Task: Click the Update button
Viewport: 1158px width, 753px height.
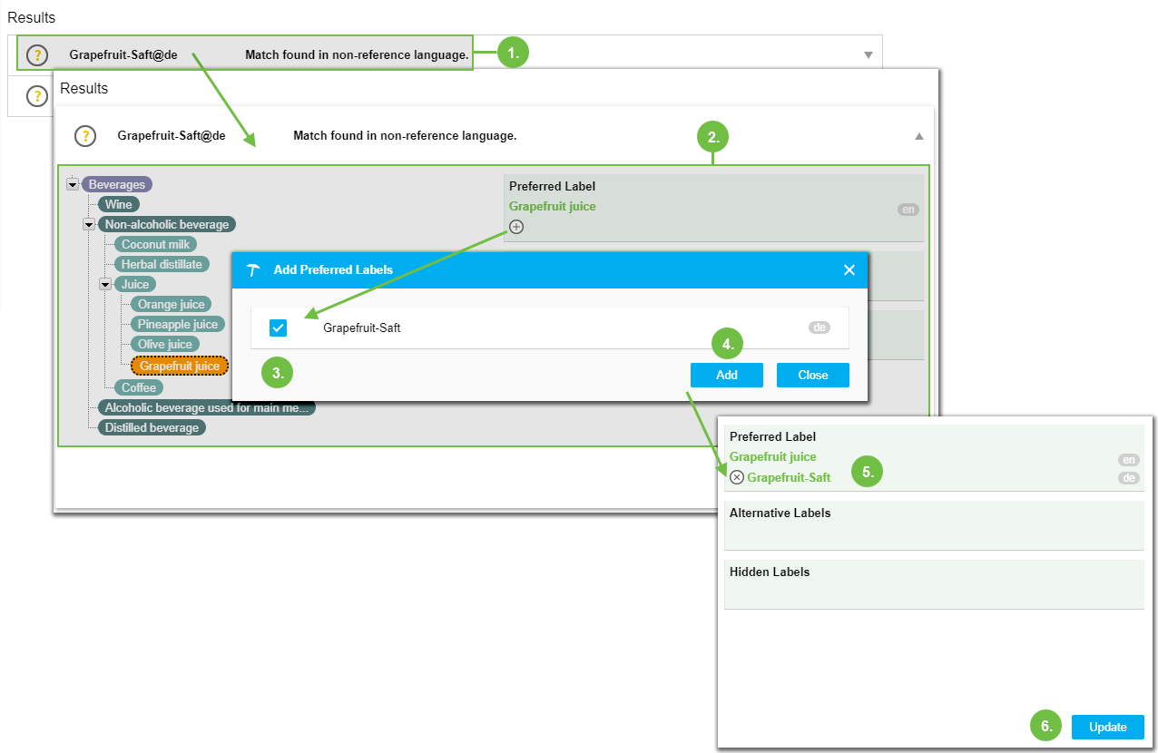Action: coord(1107,727)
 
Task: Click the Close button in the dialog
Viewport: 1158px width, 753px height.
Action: coord(812,375)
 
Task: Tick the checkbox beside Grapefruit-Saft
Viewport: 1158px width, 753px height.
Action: coord(279,328)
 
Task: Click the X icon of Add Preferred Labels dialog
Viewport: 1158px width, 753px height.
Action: coord(849,269)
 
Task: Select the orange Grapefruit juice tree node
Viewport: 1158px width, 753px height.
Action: coord(180,366)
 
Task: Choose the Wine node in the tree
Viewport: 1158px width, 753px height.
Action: coord(118,204)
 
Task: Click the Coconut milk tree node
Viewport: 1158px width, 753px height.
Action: coord(155,244)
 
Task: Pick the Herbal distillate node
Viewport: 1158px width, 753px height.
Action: coord(162,264)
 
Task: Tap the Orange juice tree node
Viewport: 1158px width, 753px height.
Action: coord(172,304)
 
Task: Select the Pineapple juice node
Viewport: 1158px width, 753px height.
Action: coord(177,324)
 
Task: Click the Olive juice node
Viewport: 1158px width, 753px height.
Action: coord(164,344)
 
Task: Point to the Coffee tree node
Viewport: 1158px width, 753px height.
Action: coord(139,387)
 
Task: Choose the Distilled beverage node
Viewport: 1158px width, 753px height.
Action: coord(152,427)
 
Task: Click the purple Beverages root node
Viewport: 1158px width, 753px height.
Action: coord(116,184)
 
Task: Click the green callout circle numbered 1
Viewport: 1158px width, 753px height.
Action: coord(513,53)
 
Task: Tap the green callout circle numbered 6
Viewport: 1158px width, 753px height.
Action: coord(1045,726)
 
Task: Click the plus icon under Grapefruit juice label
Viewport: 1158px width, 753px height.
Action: coord(516,227)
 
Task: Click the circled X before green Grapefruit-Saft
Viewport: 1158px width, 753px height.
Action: coord(737,477)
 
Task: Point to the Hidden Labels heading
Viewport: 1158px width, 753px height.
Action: coord(769,572)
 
